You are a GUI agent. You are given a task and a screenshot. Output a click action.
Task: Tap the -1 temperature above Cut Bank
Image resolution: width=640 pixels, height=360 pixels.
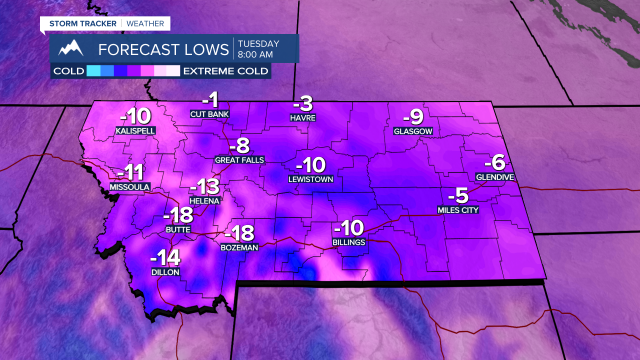[x=211, y=100]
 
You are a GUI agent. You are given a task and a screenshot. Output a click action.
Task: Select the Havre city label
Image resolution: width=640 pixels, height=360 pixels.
[x=302, y=118]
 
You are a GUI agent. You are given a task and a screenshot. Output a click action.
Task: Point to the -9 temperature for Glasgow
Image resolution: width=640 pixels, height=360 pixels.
[x=413, y=117]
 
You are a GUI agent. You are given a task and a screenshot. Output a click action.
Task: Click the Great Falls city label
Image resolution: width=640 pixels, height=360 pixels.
[x=239, y=160]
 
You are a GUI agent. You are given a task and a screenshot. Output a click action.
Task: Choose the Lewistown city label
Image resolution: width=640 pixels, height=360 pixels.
[x=310, y=178]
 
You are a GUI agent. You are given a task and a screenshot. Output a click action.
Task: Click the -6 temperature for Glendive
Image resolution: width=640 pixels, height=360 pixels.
[x=494, y=163]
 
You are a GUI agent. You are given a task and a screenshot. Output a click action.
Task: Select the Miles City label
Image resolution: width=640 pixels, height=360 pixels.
[x=458, y=210]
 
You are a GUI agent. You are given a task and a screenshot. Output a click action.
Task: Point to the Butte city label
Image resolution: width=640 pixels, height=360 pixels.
[x=178, y=229]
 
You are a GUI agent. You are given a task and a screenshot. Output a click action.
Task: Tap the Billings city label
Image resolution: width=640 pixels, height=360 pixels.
[x=349, y=242]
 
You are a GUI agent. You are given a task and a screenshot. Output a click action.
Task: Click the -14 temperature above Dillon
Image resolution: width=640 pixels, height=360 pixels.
[x=165, y=258]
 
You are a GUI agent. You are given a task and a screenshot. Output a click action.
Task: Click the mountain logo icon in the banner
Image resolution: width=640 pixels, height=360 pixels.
[x=70, y=48]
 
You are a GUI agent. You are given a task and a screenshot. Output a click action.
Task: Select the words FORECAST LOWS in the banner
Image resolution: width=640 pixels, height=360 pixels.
[x=163, y=49]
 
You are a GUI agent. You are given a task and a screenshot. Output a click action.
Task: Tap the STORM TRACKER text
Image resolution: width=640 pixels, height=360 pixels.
[x=82, y=23]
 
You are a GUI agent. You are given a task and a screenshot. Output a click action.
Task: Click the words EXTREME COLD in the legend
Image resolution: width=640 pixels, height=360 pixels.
[x=225, y=70]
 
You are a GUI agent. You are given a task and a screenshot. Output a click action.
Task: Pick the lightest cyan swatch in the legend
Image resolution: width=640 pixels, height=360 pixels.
[x=93, y=70]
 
